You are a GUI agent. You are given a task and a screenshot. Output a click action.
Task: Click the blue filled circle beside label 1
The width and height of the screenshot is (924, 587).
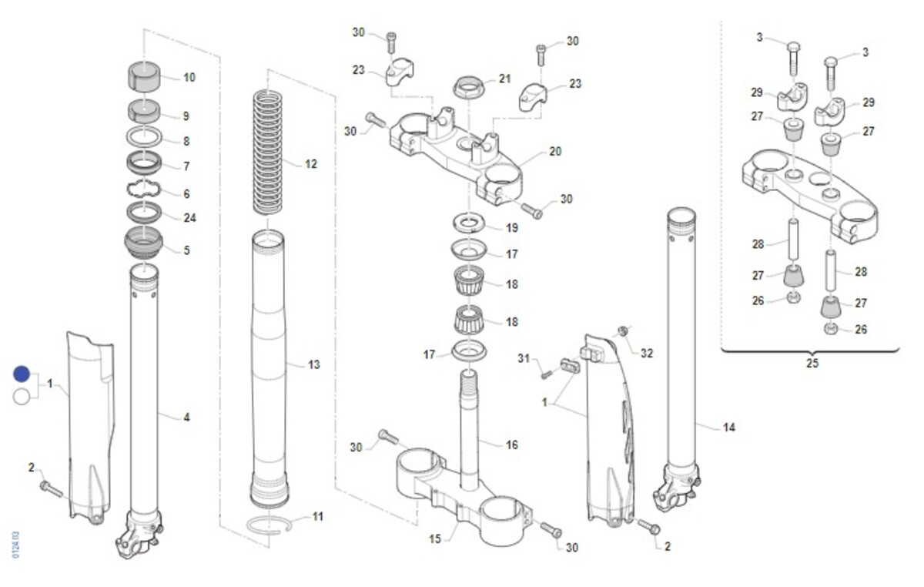[x=22, y=374]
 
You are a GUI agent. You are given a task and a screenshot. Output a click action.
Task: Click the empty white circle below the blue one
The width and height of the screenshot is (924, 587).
[x=22, y=397]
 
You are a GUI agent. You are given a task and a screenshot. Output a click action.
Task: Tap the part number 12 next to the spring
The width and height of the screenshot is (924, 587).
[x=311, y=164]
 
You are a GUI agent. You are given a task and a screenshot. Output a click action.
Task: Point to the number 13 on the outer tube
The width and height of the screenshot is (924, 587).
[x=313, y=364]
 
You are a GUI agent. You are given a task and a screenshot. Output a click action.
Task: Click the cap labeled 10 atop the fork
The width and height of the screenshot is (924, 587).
[x=144, y=75]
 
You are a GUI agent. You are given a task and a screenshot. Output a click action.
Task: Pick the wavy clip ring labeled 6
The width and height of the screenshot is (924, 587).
[x=144, y=190]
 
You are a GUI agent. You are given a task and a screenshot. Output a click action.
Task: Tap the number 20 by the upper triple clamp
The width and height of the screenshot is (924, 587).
[x=555, y=152]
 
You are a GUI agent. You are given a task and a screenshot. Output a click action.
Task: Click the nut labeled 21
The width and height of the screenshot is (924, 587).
[x=470, y=86]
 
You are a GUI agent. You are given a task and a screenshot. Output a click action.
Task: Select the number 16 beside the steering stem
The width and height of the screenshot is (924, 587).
[x=511, y=444]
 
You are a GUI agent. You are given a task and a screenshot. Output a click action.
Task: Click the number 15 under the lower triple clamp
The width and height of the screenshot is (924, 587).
[x=435, y=538]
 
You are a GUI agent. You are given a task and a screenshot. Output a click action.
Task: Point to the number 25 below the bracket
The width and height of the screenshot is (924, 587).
[x=812, y=364]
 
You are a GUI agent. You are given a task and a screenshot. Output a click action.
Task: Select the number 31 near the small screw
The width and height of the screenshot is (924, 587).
[x=524, y=358]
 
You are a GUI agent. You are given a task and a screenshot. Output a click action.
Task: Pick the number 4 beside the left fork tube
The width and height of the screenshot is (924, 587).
[x=186, y=418]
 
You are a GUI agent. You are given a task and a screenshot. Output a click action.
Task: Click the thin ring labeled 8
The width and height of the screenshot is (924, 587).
[x=144, y=139]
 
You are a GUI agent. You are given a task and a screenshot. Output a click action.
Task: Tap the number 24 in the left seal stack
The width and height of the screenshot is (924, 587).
[x=189, y=218]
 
